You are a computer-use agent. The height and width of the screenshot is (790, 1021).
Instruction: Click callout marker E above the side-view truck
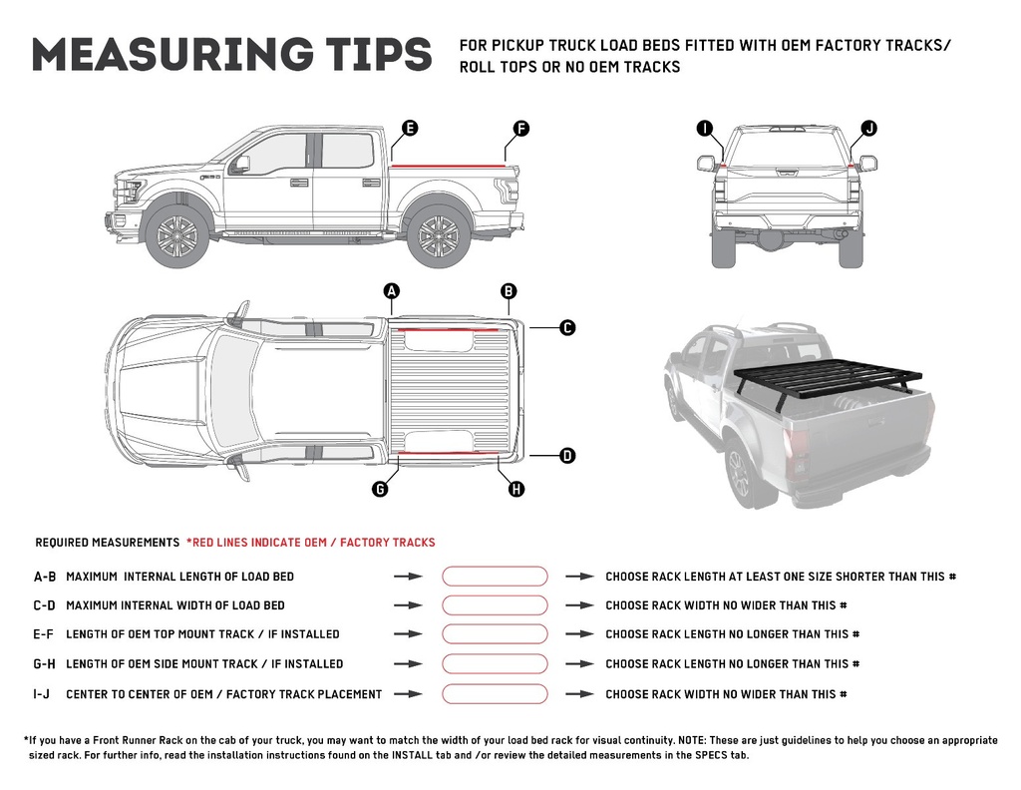(x=409, y=128)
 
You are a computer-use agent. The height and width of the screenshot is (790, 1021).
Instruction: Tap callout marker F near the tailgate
(x=520, y=128)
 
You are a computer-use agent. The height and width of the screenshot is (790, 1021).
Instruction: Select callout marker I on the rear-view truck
(x=705, y=128)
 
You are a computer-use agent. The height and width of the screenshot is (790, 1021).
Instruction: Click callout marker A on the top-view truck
(x=392, y=291)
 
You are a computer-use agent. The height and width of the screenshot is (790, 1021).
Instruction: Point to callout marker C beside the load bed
(x=566, y=327)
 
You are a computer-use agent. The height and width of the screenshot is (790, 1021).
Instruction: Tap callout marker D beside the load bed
(x=566, y=456)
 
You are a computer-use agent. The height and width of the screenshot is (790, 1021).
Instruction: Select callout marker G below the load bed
(x=380, y=489)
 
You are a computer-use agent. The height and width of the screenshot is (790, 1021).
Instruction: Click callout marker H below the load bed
(x=515, y=489)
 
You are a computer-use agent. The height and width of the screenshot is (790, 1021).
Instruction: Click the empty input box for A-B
(x=495, y=577)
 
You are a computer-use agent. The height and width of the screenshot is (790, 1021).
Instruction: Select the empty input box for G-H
(x=495, y=664)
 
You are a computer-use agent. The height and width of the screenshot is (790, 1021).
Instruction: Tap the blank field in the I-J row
(x=495, y=694)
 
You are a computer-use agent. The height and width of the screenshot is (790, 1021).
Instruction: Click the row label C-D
(x=45, y=605)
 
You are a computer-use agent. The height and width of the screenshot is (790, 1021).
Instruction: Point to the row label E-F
(x=45, y=634)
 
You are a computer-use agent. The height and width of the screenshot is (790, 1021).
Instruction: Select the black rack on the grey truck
(x=828, y=379)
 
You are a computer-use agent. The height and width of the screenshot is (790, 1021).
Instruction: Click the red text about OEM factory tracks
(x=310, y=543)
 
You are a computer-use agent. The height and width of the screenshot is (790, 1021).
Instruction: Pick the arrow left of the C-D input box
(x=408, y=605)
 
